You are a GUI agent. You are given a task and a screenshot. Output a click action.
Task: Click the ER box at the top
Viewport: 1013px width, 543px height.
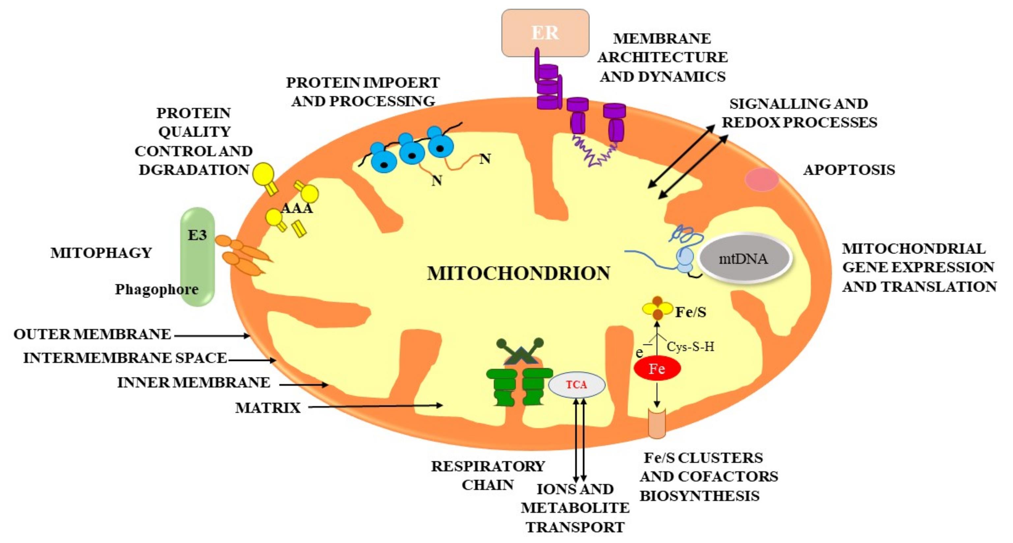tap(545, 33)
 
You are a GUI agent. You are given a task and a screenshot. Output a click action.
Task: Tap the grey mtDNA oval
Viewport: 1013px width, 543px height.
tap(744, 258)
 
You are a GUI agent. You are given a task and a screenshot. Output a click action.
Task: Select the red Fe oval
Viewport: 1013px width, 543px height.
tap(657, 369)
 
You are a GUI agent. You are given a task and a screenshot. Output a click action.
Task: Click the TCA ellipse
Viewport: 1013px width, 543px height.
tap(576, 385)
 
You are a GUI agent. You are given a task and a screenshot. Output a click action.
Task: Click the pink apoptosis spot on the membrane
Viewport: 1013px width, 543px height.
tap(762, 179)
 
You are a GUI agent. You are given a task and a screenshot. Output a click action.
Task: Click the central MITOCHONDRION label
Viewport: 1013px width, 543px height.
tap(519, 273)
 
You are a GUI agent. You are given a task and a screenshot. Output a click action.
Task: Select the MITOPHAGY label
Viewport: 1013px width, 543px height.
tap(101, 253)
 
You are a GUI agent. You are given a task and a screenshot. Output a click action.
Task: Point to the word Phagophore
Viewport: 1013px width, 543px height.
tap(157, 289)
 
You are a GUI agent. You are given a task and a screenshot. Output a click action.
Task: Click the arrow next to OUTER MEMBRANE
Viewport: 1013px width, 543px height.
tap(212, 336)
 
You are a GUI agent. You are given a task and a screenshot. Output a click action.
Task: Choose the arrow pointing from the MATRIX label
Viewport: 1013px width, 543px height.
tap(376, 406)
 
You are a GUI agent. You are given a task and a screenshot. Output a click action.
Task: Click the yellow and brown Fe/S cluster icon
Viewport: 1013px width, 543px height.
tap(657, 308)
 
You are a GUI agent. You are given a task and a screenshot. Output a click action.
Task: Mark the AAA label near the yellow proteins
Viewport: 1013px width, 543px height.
tap(297, 208)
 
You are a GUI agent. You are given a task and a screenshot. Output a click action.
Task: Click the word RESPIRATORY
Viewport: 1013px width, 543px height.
tap(488, 466)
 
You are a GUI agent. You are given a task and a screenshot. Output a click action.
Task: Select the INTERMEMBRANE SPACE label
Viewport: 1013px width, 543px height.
tap(125, 358)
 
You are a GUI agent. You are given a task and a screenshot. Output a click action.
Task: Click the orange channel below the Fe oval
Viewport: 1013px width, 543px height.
tap(657, 423)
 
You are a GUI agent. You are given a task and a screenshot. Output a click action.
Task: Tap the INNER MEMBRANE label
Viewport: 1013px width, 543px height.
tap(193, 382)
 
